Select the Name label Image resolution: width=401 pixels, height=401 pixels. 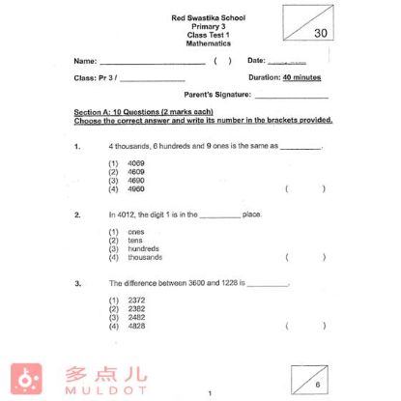(x=84, y=60)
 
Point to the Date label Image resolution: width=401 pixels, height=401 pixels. (x=256, y=60)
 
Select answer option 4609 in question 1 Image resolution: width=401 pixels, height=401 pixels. (x=135, y=172)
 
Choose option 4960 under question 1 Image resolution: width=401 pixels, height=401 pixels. (x=135, y=188)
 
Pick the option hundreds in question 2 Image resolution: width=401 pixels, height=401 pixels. (x=145, y=248)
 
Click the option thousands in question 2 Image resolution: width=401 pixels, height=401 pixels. (x=146, y=257)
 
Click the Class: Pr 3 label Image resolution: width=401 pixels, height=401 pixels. (x=93, y=77)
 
